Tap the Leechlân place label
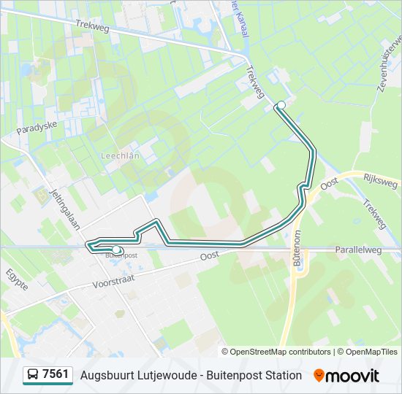116,157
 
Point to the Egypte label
17,279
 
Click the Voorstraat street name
115,280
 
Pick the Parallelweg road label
360,250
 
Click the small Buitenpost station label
121,255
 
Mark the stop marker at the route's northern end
281,106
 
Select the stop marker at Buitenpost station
115,250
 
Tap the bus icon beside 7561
33,375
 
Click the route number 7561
56,375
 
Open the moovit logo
346,375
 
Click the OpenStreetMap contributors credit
281,352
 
